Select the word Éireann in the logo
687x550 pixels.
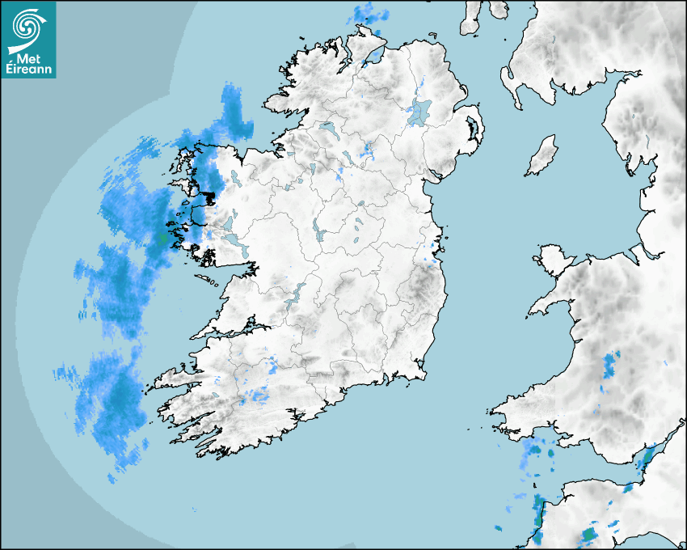(27, 70)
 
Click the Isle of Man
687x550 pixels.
(542, 156)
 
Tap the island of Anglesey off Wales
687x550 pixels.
(554, 258)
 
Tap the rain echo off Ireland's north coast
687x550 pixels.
(369, 14)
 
